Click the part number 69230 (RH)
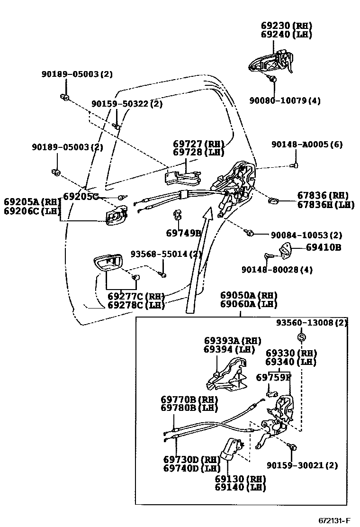click(287, 26)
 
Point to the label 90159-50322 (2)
click(127, 103)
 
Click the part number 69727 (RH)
click(198, 144)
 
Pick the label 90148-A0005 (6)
click(307, 144)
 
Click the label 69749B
click(184, 233)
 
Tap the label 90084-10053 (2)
click(306, 235)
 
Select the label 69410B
click(324, 247)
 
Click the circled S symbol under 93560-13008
click(301, 336)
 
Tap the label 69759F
click(273, 377)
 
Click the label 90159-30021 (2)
click(302, 465)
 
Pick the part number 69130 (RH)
click(240, 479)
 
